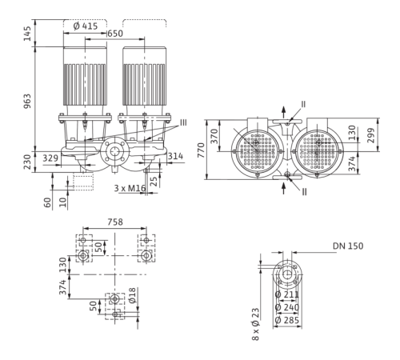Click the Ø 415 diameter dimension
coord(86,26)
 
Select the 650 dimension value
coord(115,34)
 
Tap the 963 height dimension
coord(27,101)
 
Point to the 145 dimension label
coord(27,34)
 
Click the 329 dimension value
coord(50,158)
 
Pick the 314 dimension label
coord(175,156)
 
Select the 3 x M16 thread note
coord(130,188)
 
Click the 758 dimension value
coord(115,222)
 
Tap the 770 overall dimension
coord(202,150)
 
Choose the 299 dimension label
coord(370,135)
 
